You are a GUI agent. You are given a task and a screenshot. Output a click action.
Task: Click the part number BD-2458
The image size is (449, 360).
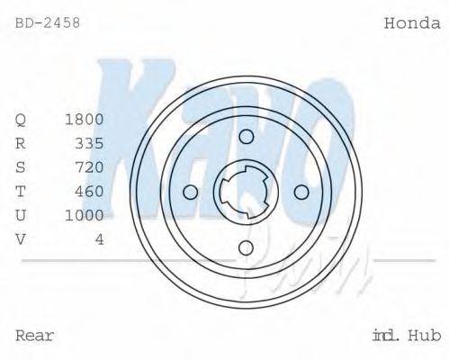(x=48, y=23)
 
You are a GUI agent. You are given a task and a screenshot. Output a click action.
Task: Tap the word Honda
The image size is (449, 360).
(x=411, y=23)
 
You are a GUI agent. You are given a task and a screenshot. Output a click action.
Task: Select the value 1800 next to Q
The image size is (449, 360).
(x=85, y=119)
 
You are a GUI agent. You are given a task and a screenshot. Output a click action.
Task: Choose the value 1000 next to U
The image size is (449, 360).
(x=85, y=215)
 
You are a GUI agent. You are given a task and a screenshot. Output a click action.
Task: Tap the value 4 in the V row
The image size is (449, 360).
(x=99, y=238)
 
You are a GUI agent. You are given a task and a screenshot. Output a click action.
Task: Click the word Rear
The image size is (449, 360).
(x=35, y=336)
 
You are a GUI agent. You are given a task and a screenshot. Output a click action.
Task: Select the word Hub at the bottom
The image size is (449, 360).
(x=423, y=336)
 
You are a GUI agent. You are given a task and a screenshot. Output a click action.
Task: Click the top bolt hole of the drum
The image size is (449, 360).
(x=246, y=135)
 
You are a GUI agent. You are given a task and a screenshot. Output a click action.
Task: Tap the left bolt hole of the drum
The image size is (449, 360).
(x=190, y=192)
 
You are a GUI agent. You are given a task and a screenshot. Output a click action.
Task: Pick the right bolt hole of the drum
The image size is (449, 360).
(x=301, y=192)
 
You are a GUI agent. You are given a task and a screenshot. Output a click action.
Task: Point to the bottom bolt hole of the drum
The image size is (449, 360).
(x=246, y=247)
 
